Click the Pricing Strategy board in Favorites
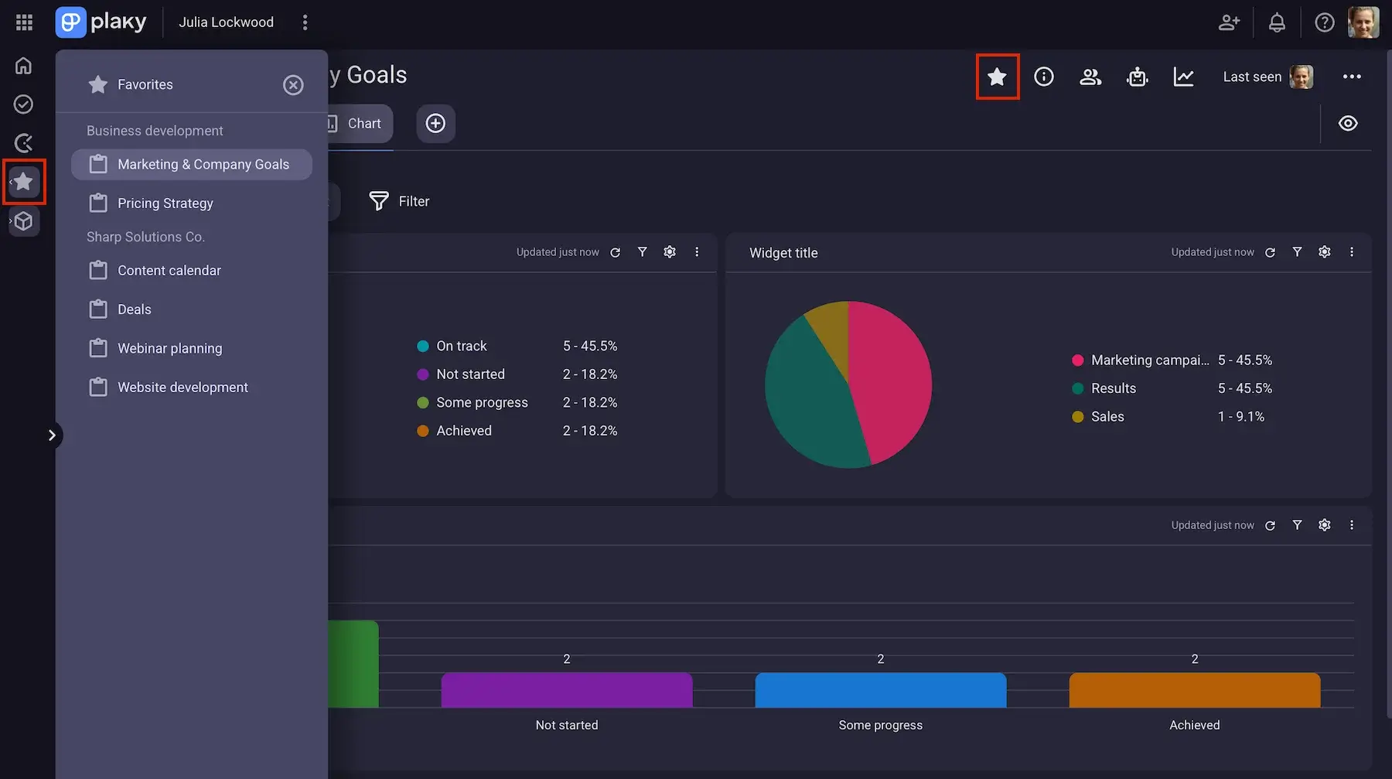(165, 203)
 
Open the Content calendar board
(169, 271)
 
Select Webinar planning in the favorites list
(169, 348)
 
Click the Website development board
(183, 387)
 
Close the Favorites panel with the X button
(293, 84)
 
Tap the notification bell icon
(1277, 22)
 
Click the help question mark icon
(1325, 22)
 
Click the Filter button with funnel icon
(399, 201)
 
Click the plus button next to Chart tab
(435, 124)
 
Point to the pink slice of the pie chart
(893, 379)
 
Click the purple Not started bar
(567, 690)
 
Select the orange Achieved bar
(1195, 690)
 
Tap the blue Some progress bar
(881, 690)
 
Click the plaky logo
(101, 22)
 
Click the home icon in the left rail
(24, 66)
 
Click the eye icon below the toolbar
(1348, 124)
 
